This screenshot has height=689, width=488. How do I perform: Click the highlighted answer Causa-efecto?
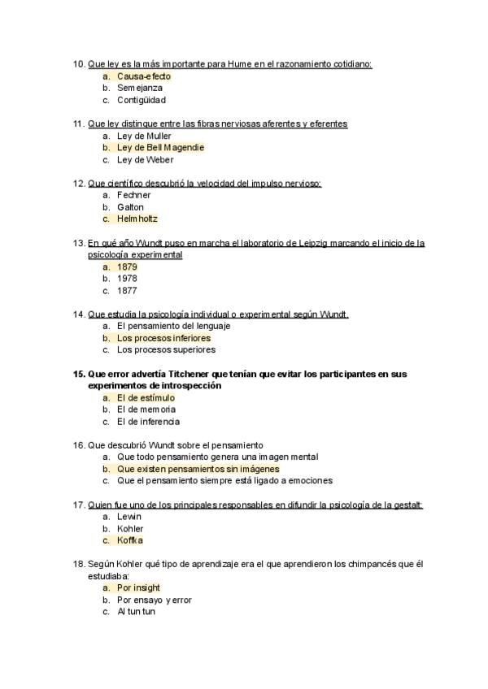click(143, 76)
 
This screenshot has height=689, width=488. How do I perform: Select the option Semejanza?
click(140, 88)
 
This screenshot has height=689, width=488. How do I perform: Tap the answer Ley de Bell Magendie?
click(160, 148)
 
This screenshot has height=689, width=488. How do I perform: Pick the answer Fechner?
click(134, 195)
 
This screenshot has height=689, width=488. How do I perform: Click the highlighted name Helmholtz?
click(137, 219)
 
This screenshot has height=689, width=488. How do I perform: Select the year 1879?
click(127, 266)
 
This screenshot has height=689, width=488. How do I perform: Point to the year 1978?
click(127, 278)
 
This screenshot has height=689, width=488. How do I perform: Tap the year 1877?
click(127, 290)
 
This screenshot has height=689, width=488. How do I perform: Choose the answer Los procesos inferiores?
click(163, 338)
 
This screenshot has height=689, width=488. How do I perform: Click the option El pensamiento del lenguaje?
click(173, 326)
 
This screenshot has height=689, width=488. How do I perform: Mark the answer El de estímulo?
click(146, 398)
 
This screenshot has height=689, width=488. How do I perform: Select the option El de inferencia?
click(148, 422)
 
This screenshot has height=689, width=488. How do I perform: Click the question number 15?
click(79, 374)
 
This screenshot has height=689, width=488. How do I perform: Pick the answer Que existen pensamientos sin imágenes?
click(198, 469)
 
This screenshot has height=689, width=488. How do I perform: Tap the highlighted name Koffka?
click(130, 540)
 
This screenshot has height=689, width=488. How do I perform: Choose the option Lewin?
click(129, 517)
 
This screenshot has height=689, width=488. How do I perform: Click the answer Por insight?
click(138, 587)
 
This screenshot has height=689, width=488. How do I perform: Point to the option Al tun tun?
click(136, 612)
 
